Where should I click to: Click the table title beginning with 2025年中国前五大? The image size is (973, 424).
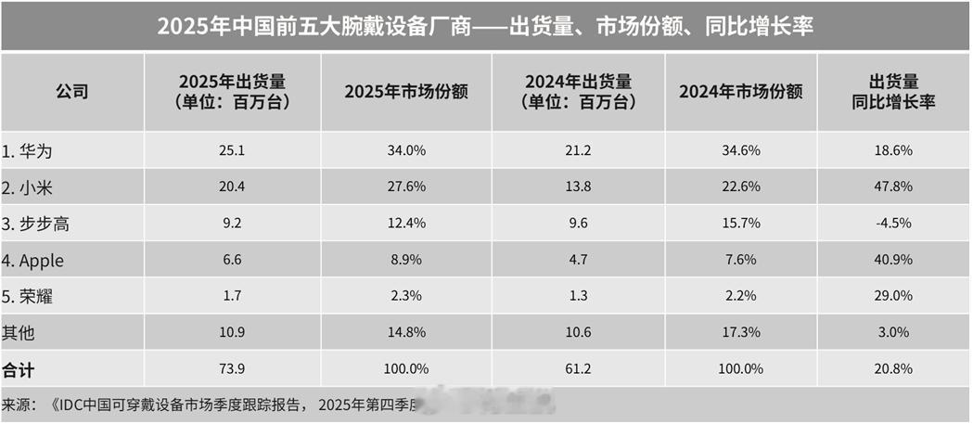pyautogui.click(x=485, y=27)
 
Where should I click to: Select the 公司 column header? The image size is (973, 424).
pyautogui.click(x=71, y=92)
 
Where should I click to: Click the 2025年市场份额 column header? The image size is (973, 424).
pyautogui.click(x=405, y=92)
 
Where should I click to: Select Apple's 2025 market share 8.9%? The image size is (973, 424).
pyautogui.click(x=405, y=260)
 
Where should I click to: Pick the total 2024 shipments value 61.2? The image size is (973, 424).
pyautogui.click(x=577, y=368)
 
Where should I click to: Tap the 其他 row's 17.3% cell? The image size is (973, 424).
pyautogui.click(x=740, y=332)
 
